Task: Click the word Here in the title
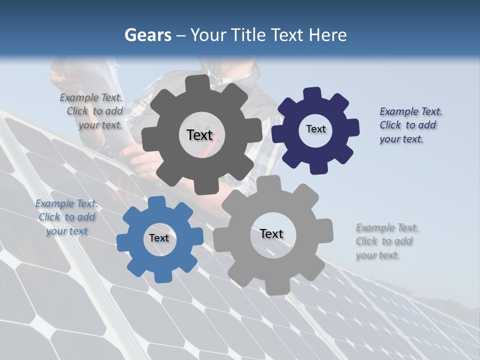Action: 328,35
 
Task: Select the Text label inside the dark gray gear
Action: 200,135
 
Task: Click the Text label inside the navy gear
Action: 315,129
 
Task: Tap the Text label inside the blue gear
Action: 159,238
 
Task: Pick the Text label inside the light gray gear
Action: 271,233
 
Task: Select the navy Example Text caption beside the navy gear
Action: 410,125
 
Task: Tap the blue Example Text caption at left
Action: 66,217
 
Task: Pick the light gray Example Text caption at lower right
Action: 386,241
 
